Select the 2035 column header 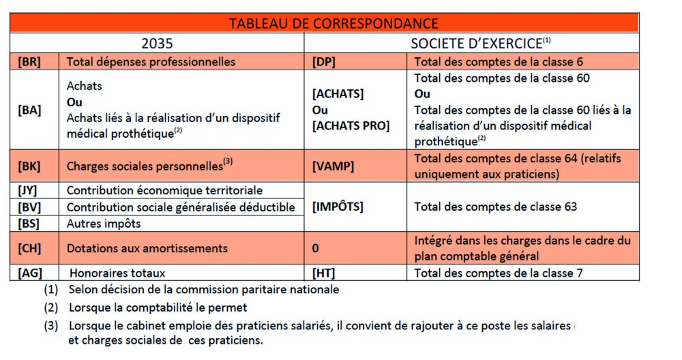[157, 44]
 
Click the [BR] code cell [29, 61]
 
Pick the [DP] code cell [324, 61]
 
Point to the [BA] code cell [29, 110]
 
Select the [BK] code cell [29, 166]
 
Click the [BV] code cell [29, 207]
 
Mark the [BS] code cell [29, 223]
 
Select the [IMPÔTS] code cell [338, 207]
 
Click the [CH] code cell [29, 248]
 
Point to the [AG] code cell [29, 273]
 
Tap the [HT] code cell [323, 273]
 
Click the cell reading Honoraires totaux [116, 273]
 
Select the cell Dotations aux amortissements [147, 248]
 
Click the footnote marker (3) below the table [52, 326]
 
